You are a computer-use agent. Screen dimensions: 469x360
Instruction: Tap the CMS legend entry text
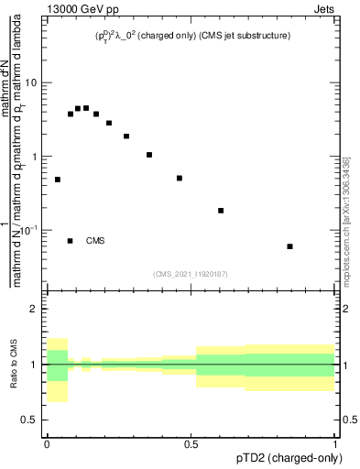click(x=95, y=241)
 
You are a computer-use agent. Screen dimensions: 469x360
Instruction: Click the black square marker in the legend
click(x=71, y=241)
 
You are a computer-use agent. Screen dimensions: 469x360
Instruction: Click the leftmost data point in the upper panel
click(x=57, y=180)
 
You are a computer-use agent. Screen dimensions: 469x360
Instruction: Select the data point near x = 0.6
click(x=221, y=211)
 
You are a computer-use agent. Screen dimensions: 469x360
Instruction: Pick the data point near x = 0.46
click(x=180, y=178)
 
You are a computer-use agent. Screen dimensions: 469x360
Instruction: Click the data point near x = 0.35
click(x=149, y=155)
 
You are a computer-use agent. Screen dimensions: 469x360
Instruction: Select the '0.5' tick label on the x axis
click(x=191, y=443)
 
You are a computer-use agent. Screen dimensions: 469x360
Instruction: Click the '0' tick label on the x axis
click(x=47, y=443)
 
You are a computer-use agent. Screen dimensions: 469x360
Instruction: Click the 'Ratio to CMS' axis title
click(x=16, y=365)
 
